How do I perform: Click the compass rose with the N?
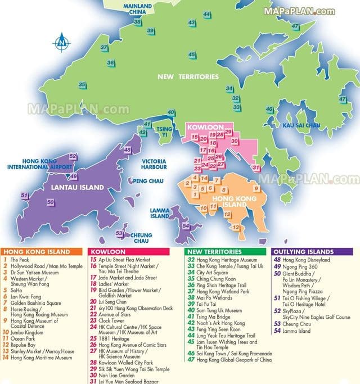[61, 42]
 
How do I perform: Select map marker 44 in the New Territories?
[207, 14]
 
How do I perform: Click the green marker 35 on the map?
[82, 85]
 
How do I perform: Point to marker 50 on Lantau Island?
[51, 202]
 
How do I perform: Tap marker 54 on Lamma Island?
[186, 225]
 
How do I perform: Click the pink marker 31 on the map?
[256, 168]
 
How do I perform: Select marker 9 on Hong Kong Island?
[256, 188]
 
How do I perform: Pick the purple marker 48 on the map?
[128, 150]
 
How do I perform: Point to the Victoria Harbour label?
[154, 164]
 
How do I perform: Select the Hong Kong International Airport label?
[39, 164]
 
